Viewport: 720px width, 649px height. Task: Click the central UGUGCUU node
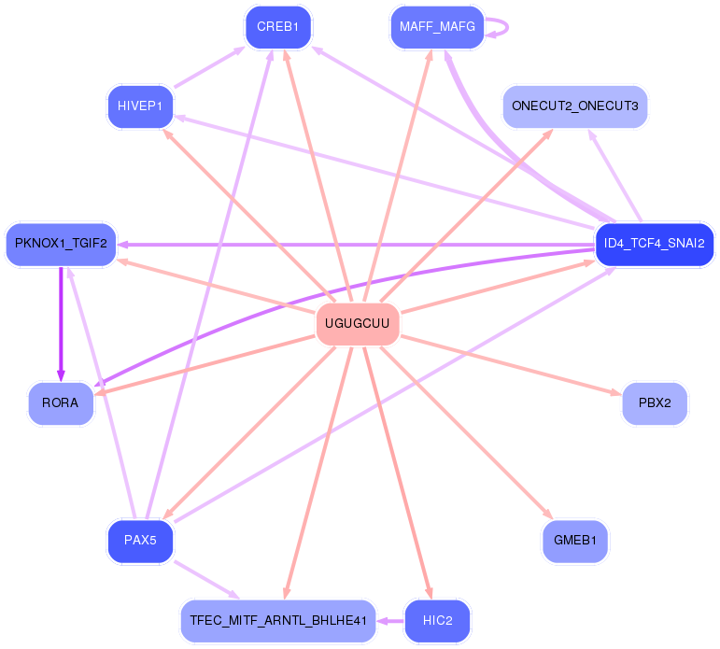click(x=358, y=324)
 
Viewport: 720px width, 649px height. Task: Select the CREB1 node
click(x=277, y=27)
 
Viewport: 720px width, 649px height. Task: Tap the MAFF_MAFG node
click(x=437, y=27)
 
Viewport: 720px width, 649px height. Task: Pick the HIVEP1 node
click(x=140, y=106)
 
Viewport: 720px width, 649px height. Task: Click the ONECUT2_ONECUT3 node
click(x=574, y=106)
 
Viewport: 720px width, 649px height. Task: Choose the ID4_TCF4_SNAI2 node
click(x=654, y=245)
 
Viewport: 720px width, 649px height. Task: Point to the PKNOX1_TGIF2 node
click(x=61, y=245)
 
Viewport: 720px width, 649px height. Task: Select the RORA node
click(x=61, y=403)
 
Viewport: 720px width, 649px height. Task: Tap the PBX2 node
click(x=655, y=403)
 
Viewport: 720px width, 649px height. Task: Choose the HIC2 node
click(x=437, y=621)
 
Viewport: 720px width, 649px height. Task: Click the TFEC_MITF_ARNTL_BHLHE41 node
click(x=277, y=621)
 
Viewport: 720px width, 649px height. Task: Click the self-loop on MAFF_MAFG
click(x=505, y=27)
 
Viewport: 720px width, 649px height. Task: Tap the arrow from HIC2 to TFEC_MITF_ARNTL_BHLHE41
click(x=390, y=621)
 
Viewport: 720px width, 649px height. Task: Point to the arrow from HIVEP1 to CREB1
click(x=209, y=67)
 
